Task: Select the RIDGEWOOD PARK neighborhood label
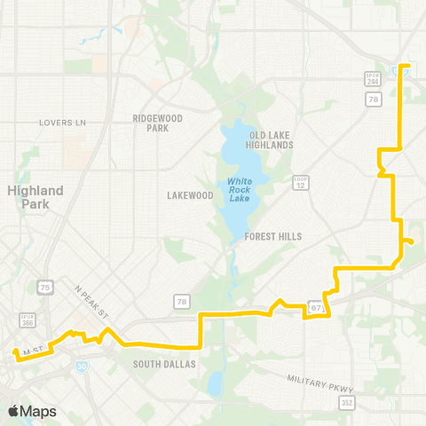point(157,122)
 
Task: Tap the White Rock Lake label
point(240,189)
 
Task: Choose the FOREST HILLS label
point(273,237)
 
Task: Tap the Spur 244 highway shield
point(375,80)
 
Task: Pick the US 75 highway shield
point(45,287)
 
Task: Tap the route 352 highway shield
point(346,403)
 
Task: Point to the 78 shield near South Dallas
point(181,303)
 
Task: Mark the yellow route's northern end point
point(405,66)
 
